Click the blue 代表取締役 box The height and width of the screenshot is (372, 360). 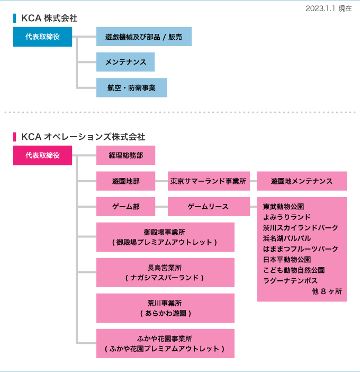point(42,37)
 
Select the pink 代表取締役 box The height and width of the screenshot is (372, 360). point(42,155)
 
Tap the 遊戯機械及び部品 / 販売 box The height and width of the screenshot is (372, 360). point(143,37)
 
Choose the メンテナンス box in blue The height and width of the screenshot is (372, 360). point(125,62)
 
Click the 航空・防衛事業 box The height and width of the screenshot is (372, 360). point(131,87)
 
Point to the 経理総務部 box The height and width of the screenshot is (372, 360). point(125,155)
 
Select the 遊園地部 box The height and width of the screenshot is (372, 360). point(125,181)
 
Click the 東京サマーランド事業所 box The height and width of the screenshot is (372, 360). point(209,181)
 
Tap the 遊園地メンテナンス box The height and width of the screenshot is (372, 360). point(301,181)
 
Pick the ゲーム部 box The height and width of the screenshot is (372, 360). point(125,206)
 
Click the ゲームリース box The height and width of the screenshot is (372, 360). point(209,206)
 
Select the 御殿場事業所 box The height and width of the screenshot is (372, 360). point(165,237)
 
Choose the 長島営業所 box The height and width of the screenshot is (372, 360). point(165,272)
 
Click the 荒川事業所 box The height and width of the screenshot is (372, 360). point(165,308)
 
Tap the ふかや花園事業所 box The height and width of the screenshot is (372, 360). point(165,343)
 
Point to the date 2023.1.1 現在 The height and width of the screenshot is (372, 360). point(328,8)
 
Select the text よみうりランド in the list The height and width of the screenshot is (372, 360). point(286,217)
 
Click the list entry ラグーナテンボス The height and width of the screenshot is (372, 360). point(290,280)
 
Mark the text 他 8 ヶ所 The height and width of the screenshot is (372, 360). point(327,291)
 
